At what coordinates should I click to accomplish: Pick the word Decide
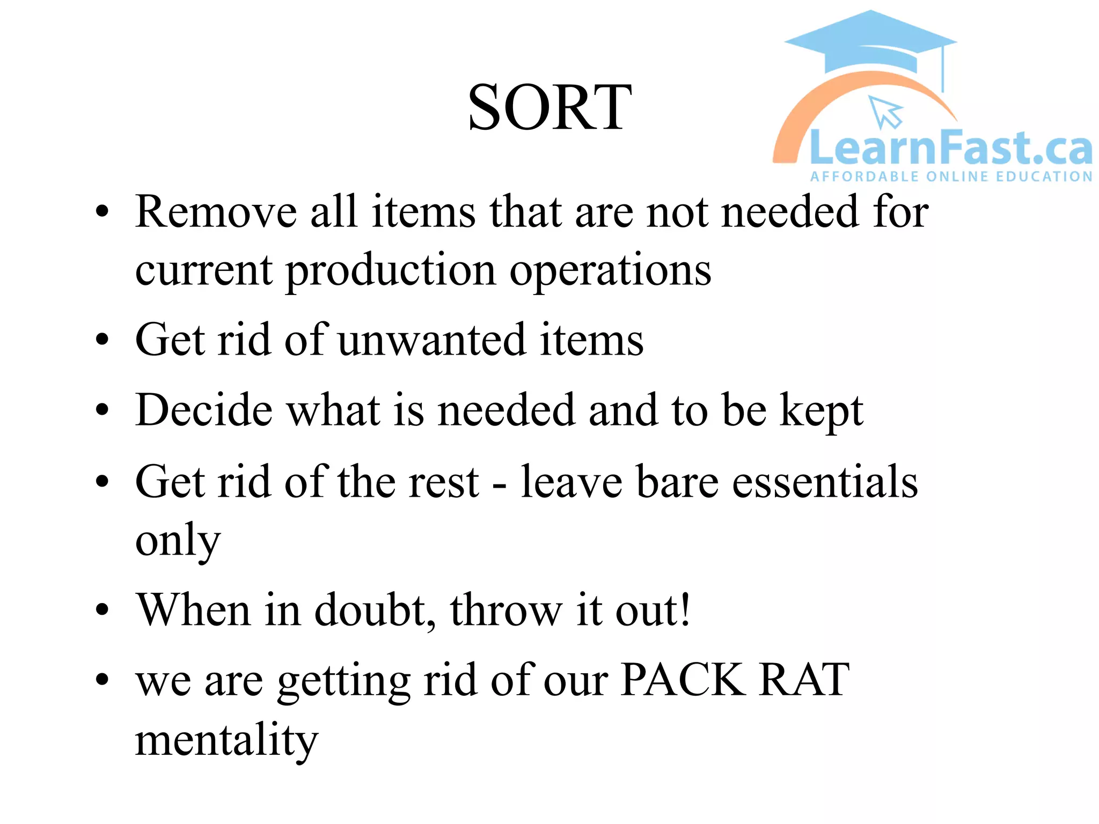pos(204,410)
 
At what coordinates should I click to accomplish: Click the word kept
pos(821,410)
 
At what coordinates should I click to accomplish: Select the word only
pos(178,541)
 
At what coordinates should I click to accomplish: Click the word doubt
pos(375,610)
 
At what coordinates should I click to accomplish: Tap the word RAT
pos(804,680)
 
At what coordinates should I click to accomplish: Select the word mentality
pos(226,740)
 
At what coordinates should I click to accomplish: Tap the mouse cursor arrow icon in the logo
pos(885,112)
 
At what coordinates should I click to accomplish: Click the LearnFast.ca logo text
pos(950,148)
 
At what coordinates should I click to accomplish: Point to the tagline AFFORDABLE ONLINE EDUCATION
pos(951,177)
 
